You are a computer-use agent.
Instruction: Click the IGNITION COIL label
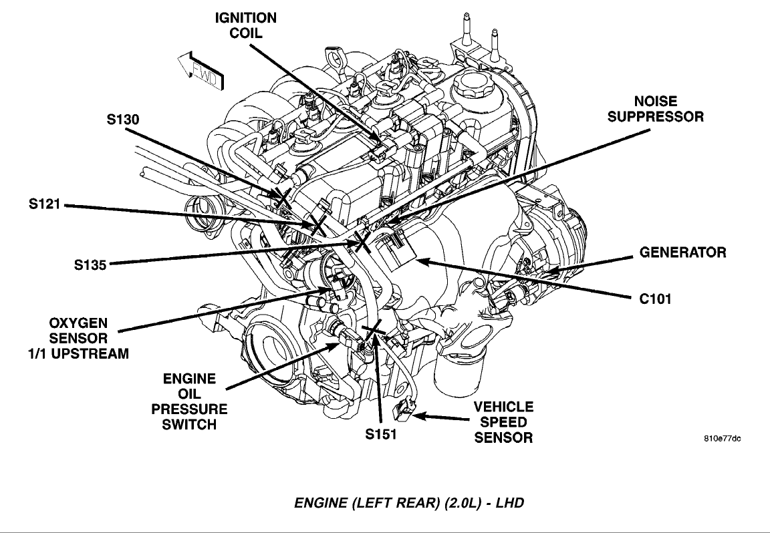pos(245,25)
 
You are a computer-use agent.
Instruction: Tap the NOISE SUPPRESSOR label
pos(646,109)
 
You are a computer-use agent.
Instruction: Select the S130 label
pos(124,120)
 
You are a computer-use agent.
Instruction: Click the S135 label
pos(91,264)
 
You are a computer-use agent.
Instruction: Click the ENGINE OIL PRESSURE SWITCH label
pos(189,401)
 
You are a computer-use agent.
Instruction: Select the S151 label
pos(381,434)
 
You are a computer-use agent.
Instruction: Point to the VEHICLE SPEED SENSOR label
pos(503,422)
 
